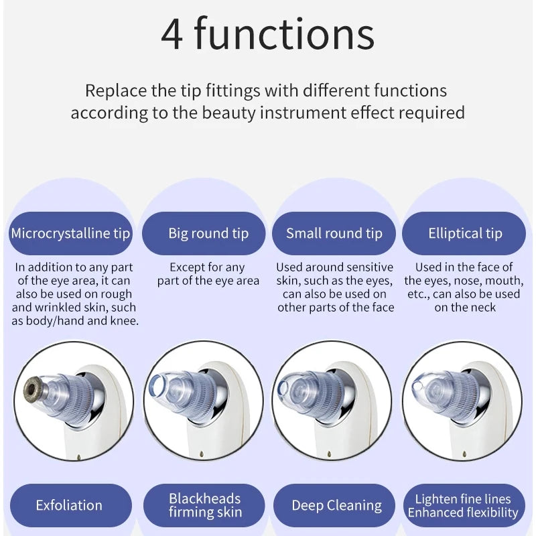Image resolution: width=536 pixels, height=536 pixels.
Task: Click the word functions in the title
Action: [x=284, y=33]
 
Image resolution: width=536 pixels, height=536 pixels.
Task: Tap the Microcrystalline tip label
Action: [x=70, y=233]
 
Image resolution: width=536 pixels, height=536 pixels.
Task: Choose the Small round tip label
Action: [x=334, y=233]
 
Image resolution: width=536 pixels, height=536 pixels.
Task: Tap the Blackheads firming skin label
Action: [x=204, y=505]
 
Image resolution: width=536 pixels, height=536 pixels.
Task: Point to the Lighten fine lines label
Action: [x=463, y=499]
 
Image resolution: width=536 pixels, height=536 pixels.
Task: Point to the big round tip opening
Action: [x=157, y=386]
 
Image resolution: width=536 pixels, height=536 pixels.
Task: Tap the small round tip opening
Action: [x=282, y=388]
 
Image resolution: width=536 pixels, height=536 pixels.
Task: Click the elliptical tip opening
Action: [x=417, y=387]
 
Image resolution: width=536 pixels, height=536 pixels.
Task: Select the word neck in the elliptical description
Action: [x=482, y=308]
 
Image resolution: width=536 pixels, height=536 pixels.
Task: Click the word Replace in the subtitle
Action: [x=116, y=91]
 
